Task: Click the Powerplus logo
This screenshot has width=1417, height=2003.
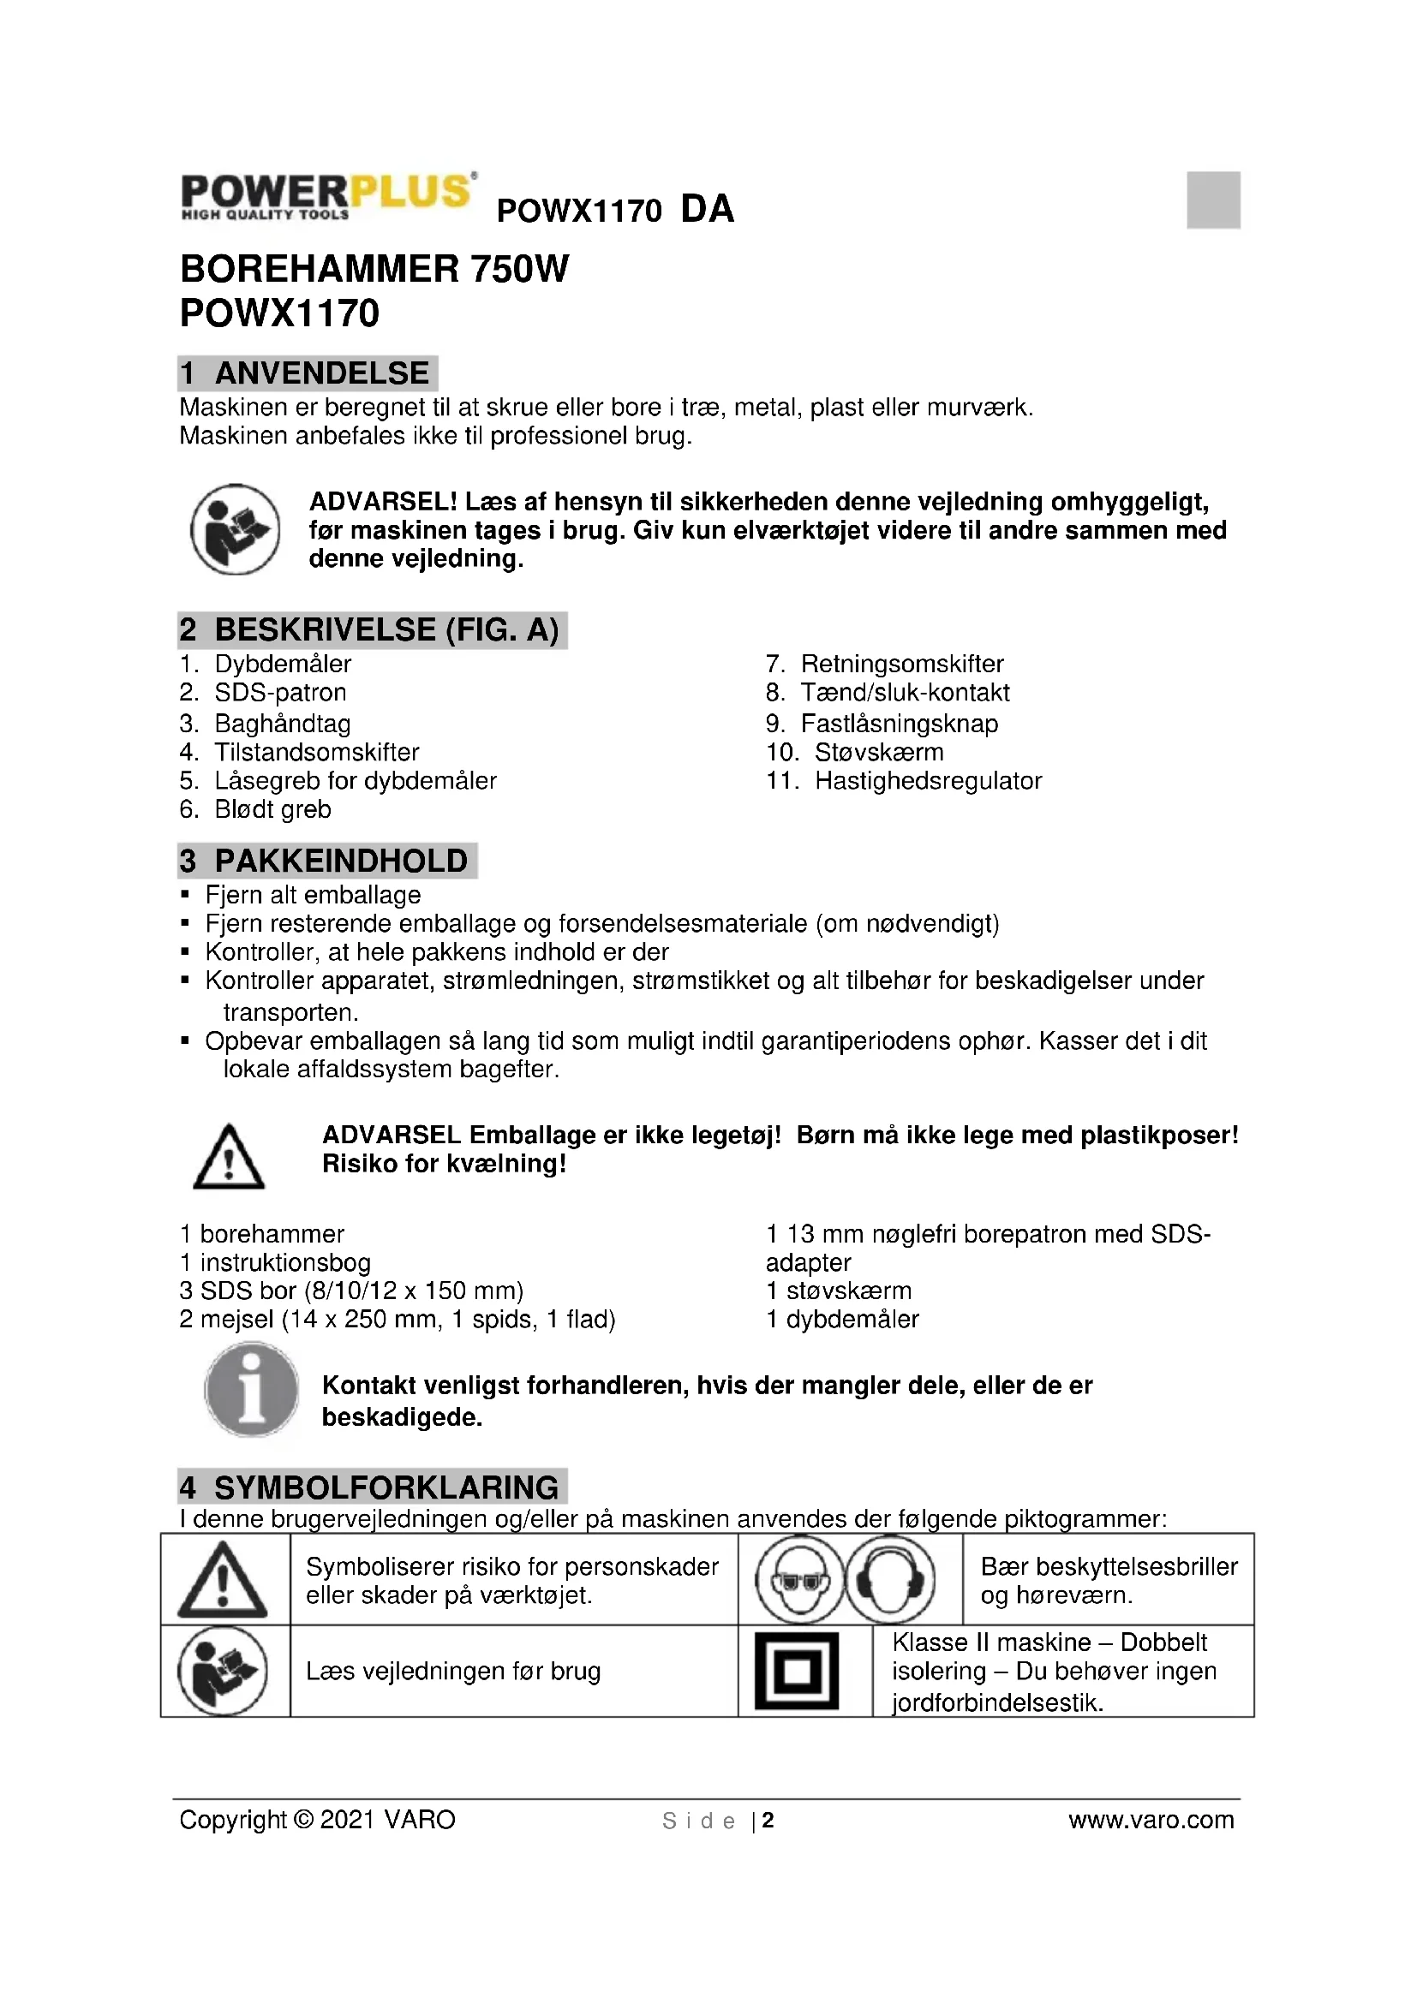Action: coord(327,195)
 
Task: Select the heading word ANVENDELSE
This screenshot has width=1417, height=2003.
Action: coord(321,373)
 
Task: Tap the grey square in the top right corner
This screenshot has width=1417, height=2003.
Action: coord(1213,200)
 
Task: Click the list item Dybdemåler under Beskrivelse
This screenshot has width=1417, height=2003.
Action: coord(283,664)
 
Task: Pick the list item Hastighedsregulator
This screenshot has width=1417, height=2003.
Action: coord(928,781)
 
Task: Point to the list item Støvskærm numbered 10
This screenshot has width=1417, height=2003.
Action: coord(879,752)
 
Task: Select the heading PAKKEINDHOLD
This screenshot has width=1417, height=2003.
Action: coord(340,861)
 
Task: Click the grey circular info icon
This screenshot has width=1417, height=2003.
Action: coord(251,1390)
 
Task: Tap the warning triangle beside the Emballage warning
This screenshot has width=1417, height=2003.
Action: coord(229,1158)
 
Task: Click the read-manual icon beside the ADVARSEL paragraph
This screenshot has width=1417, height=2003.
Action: coord(235,529)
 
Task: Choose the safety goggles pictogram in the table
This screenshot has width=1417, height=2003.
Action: coord(799,1580)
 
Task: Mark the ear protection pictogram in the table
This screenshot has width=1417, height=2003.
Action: coord(890,1580)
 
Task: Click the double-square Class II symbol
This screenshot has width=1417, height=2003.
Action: coord(796,1672)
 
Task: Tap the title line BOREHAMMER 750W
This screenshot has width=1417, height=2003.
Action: coord(374,270)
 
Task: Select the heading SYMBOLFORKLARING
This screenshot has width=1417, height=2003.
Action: coord(386,1487)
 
